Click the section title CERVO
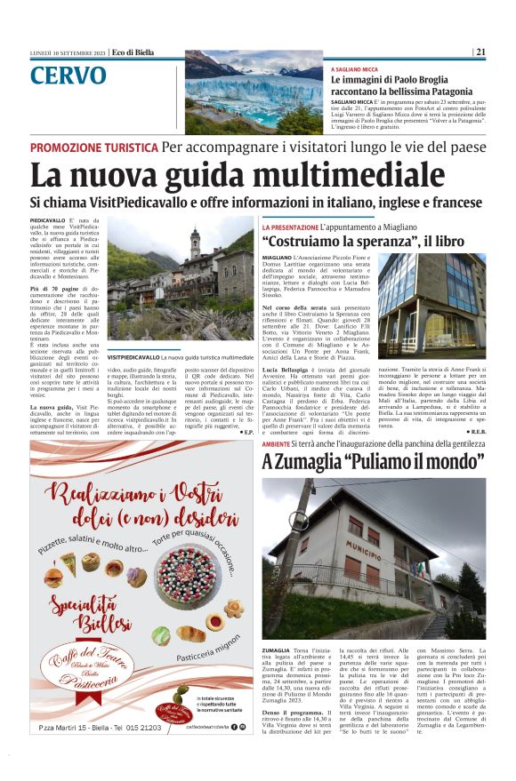[x=68, y=76]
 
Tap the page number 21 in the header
[x=480, y=52]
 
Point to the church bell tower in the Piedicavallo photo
[x=195, y=247]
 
